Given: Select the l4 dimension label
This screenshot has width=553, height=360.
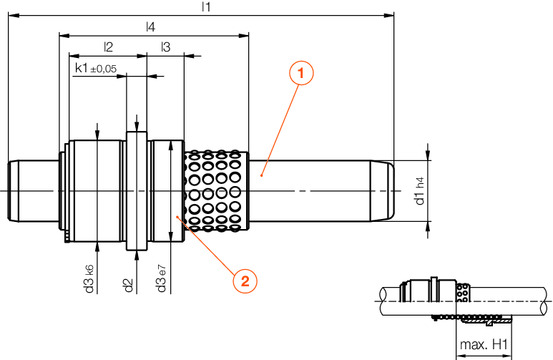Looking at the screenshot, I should [x=149, y=29].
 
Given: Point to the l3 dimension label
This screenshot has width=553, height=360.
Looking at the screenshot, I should [x=165, y=47].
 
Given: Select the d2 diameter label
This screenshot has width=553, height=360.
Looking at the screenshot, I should [x=128, y=285].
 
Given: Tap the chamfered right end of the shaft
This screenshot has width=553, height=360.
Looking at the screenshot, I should [x=388, y=189].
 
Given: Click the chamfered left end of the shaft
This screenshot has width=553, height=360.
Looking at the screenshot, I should [x=14, y=189].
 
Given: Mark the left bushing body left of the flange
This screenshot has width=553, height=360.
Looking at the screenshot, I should [x=95, y=190].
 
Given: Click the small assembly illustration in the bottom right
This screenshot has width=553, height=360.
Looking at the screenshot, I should [x=460, y=299].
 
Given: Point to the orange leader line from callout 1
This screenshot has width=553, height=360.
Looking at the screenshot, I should [x=280, y=125].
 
